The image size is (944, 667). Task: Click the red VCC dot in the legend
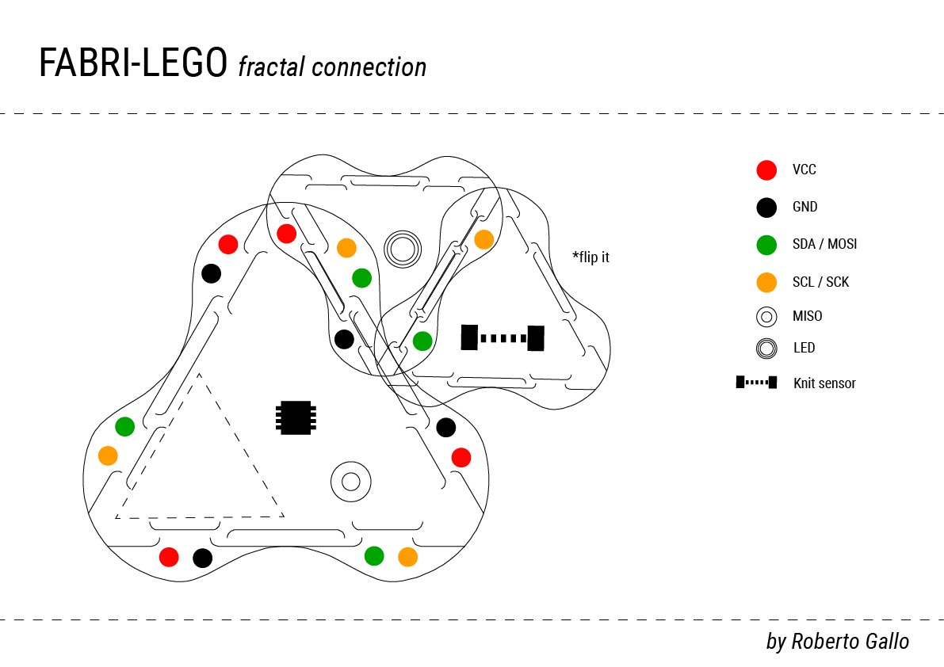coord(766,170)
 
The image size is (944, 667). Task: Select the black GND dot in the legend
coord(766,208)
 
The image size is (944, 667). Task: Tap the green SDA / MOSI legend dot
coord(766,245)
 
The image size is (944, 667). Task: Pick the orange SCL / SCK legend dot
coord(766,282)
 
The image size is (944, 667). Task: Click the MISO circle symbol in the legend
coord(766,317)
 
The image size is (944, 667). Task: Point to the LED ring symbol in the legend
coord(766,349)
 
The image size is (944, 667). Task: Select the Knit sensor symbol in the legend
coord(756,383)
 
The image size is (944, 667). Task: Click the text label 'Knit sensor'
coord(824,383)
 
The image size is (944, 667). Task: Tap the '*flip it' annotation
coord(590,257)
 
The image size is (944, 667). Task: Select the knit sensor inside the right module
coord(503,338)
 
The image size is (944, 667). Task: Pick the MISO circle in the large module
coord(350,481)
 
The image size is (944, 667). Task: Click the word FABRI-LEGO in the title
coord(133,64)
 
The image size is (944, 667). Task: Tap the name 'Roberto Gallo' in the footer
coord(850,641)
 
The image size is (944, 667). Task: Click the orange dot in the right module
coord(483,239)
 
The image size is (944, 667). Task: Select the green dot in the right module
coord(422,341)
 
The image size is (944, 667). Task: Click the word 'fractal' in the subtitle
coord(270,67)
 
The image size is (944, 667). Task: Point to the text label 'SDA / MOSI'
coord(824,244)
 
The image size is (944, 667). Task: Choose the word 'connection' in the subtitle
coord(369,67)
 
